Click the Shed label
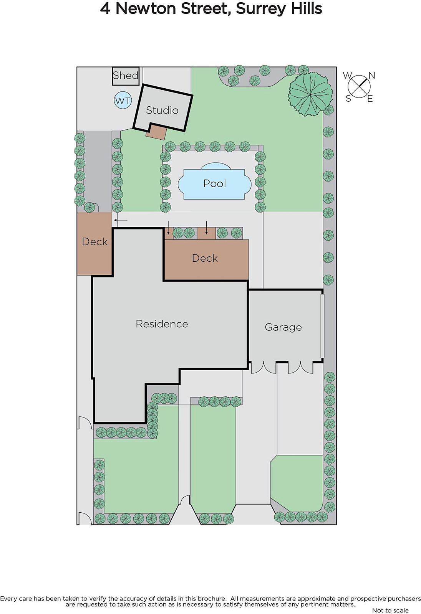coord(126,75)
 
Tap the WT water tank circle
coord(123,101)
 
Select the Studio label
coord(162,110)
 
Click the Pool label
coord(215,183)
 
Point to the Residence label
coord(162,324)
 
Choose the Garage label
coord(283,327)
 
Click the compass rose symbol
coord(359,87)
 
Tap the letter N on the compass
coord(371,76)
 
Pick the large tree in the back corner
coord(310,94)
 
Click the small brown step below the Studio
coord(156,132)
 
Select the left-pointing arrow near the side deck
coord(121,220)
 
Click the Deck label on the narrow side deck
coord(94,242)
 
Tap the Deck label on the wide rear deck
coord(205,258)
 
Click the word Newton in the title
coord(146,8)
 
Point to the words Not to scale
coord(390,610)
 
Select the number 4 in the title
coord(105,9)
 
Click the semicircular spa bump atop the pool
coord(215,166)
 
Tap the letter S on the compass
coord(348,99)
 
